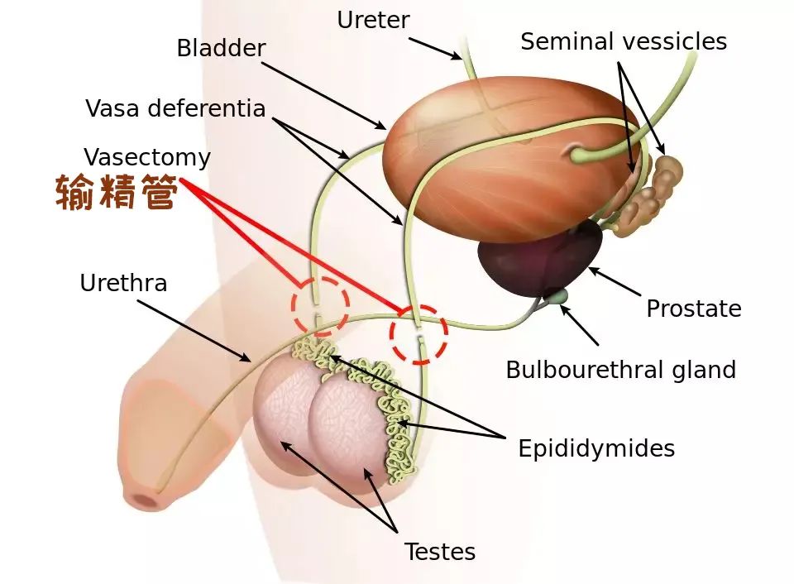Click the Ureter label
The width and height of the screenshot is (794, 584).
(373, 20)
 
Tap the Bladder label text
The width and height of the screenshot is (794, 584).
(221, 48)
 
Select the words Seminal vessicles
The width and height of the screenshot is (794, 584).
(624, 41)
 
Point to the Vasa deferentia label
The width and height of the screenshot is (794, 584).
(175, 108)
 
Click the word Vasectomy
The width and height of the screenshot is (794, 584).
(147, 157)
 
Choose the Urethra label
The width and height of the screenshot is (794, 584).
(123, 283)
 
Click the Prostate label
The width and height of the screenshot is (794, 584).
(693, 309)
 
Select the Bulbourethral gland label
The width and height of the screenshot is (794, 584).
(620, 369)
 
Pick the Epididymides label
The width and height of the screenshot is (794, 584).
(596, 448)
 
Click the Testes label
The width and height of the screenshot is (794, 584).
(440, 551)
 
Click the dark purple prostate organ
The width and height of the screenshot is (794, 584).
(538, 256)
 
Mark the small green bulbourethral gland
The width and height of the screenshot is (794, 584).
(560, 295)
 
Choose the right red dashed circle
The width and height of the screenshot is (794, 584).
(419, 334)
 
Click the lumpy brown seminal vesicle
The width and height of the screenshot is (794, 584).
(653, 190)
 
